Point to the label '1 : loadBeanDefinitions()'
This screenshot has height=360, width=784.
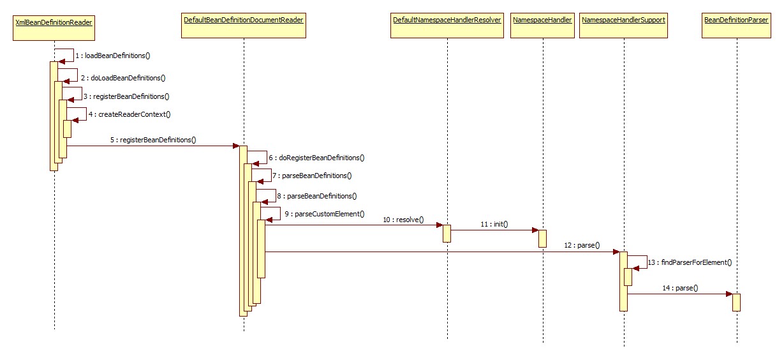112,56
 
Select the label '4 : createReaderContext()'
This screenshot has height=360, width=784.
129,114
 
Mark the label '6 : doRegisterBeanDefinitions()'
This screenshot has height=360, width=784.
316,157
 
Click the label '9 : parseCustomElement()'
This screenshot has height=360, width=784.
324,214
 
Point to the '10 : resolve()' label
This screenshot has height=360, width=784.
403,220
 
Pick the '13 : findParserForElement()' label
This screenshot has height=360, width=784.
689,262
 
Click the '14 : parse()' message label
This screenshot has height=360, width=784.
680,288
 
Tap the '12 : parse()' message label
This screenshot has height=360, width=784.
582,246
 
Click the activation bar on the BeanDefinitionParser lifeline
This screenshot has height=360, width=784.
736,302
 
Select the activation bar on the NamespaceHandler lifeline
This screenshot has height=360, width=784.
542,238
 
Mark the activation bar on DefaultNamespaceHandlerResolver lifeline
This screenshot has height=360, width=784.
447,233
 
